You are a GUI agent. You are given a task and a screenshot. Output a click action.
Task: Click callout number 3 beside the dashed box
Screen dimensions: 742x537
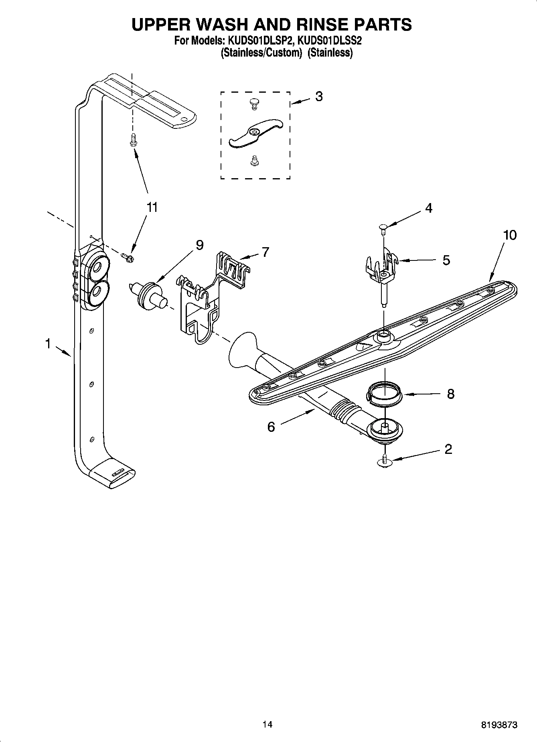click(x=319, y=96)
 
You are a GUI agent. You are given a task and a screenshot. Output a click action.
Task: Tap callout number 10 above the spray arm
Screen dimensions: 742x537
click(x=510, y=235)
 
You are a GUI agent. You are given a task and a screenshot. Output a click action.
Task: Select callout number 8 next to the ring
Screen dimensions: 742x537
click(x=450, y=394)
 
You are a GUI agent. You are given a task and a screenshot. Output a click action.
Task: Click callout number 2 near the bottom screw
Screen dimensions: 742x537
click(x=448, y=449)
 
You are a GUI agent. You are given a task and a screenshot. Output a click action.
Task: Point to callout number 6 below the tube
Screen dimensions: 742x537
click(x=271, y=427)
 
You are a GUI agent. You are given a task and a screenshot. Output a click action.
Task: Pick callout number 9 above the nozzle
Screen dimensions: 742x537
click(x=200, y=245)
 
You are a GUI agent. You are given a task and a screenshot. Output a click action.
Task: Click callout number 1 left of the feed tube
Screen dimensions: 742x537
click(x=48, y=344)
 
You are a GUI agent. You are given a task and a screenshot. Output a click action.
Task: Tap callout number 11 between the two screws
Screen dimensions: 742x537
click(x=152, y=207)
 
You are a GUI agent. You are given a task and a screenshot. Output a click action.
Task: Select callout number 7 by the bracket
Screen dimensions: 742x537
click(x=265, y=252)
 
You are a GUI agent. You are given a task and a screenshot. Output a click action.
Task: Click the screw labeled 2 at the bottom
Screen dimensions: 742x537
click(x=384, y=461)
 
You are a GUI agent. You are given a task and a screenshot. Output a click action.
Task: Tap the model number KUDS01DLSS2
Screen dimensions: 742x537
click(x=330, y=41)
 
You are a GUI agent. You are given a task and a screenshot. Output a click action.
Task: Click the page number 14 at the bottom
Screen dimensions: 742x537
click(x=267, y=724)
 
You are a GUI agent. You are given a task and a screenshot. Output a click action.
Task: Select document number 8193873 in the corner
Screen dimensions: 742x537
click(x=499, y=725)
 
